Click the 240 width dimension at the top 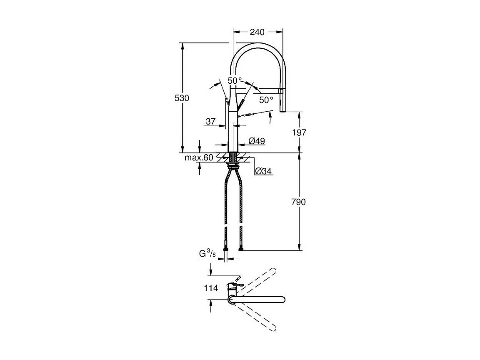click(x=257, y=32)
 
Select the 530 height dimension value click(x=182, y=98)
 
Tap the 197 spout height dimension click(x=299, y=132)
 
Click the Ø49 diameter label click(x=257, y=141)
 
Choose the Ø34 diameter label click(x=263, y=171)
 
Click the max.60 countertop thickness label click(x=199, y=157)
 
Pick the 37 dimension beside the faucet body click(x=210, y=121)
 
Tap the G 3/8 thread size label click(x=207, y=254)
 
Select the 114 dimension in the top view click(x=211, y=288)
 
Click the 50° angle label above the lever click(x=235, y=80)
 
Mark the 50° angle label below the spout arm click(x=266, y=100)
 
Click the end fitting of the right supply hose click(x=241, y=249)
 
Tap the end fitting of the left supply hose click(x=226, y=249)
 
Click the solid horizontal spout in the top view click(x=258, y=299)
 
